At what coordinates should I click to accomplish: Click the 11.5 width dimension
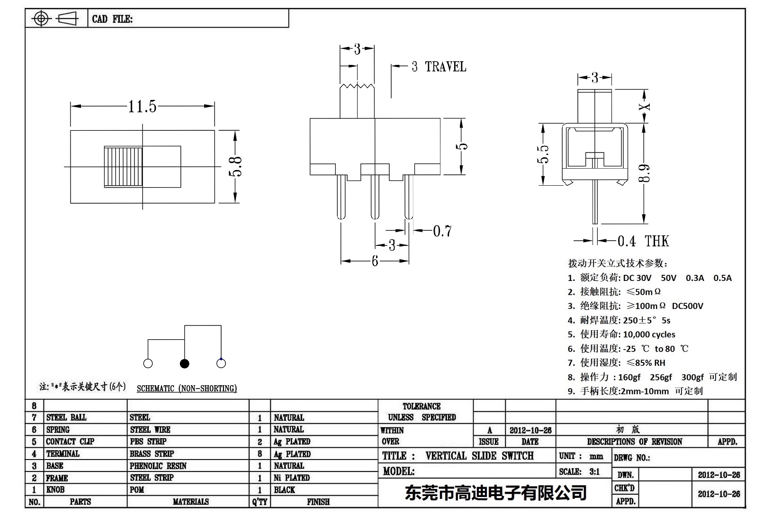[x=142, y=107]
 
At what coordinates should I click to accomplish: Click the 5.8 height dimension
[x=236, y=166]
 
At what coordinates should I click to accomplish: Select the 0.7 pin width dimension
[x=442, y=231]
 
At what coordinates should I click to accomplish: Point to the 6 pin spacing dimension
[x=375, y=261]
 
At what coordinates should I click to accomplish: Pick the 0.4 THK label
[x=643, y=241]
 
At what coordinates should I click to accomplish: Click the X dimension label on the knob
[x=645, y=107]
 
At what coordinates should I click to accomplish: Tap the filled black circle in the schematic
[x=185, y=363]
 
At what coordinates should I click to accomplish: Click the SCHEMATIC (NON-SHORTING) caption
[x=187, y=389]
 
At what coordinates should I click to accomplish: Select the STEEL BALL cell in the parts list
[x=66, y=417]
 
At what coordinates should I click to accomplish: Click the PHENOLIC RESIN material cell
[x=158, y=466]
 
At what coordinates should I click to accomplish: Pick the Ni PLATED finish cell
[x=292, y=478]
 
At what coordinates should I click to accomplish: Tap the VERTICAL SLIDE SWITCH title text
[x=479, y=456]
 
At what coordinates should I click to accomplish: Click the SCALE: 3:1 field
[x=579, y=471]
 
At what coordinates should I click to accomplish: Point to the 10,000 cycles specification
[x=649, y=334]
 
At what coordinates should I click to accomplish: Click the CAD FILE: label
[x=112, y=19]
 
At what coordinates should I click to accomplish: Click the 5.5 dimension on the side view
[x=544, y=154]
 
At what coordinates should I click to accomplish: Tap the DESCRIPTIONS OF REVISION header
[x=634, y=442]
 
